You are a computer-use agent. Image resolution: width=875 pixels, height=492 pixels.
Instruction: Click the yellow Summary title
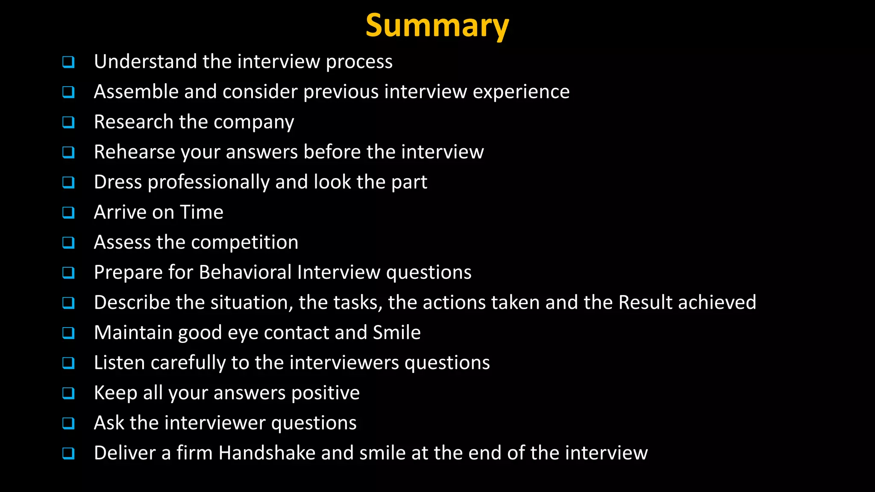[437, 26]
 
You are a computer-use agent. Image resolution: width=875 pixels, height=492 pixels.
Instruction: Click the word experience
[521, 92]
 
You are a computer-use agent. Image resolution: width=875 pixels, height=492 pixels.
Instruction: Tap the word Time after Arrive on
[201, 212]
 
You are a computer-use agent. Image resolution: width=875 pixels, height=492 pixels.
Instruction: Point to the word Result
[645, 302]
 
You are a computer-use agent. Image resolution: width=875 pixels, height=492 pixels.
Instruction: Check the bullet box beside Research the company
[68, 122]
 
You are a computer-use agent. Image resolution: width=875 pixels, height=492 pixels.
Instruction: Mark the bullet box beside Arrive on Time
[68, 212]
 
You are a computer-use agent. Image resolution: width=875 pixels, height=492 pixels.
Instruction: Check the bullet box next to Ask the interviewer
[68, 423]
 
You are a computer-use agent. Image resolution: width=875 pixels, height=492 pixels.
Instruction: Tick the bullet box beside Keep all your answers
[68, 393]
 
